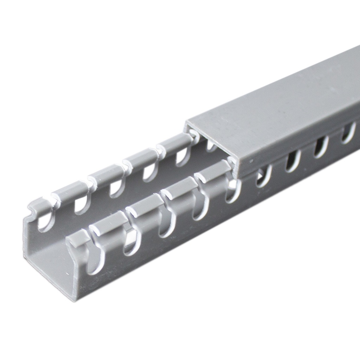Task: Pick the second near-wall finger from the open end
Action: pyautogui.click(x=109, y=223)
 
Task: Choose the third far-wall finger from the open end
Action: pyautogui.click(x=105, y=174)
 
